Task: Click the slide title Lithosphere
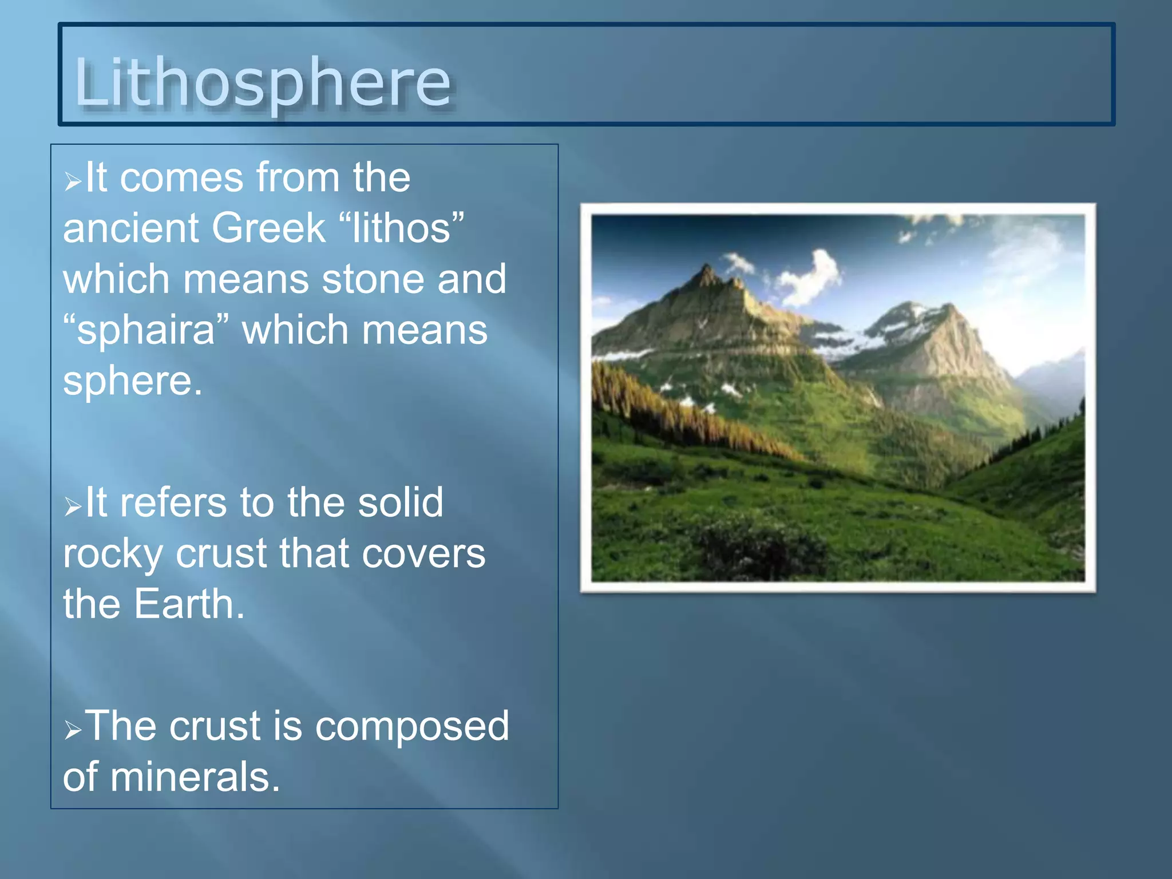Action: coord(263,82)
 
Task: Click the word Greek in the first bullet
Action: coord(268,228)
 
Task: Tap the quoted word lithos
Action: coord(401,228)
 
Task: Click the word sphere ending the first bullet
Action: coord(132,381)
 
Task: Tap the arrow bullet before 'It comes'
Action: coord(73,182)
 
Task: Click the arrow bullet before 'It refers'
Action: coord(73,506)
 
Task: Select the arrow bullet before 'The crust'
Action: coord(73,730)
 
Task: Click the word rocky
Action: coord(112,554)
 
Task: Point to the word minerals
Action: coord(195,777)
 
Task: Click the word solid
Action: coord(400,503)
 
